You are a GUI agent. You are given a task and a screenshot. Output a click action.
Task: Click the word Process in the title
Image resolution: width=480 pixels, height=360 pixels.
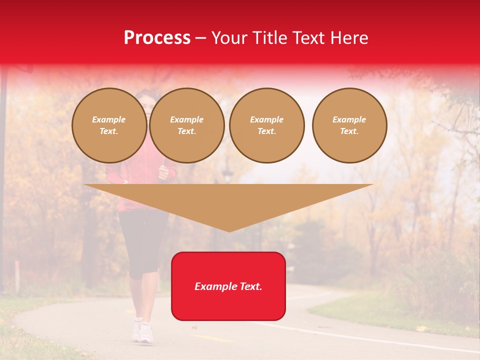click(157, 38)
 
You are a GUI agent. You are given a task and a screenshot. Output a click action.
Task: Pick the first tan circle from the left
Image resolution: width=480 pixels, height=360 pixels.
click(109, 125)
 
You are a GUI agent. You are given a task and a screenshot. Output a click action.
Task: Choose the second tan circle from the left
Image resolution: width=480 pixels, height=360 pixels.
click(187, 125)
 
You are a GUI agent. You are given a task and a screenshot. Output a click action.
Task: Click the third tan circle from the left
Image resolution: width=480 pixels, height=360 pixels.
click(267, 125)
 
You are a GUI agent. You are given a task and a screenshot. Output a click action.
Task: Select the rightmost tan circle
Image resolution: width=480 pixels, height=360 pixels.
click(349, 125)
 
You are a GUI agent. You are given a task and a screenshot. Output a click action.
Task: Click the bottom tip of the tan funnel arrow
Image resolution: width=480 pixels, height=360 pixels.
click(229, 231)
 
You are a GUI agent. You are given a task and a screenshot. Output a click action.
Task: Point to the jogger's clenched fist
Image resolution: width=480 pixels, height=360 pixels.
click(163, 172)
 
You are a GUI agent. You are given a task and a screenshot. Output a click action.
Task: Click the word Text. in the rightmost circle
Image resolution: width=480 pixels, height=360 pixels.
click(349, 131)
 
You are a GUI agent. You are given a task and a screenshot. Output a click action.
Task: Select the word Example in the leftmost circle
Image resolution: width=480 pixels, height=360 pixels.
click(109, 119)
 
